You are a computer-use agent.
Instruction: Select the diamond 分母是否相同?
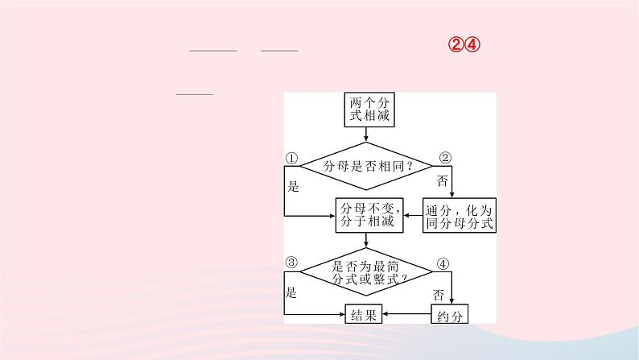[368, 166]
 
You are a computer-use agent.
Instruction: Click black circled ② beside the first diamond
[445, 158]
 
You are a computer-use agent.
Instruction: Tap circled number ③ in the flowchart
[291, 263]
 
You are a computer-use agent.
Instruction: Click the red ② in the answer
[456, 45]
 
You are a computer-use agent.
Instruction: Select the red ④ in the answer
[473, 45]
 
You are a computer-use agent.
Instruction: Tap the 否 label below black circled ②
[442, 180]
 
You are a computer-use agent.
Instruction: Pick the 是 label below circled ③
[291, 292]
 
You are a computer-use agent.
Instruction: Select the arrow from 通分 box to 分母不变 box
[411, 216]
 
